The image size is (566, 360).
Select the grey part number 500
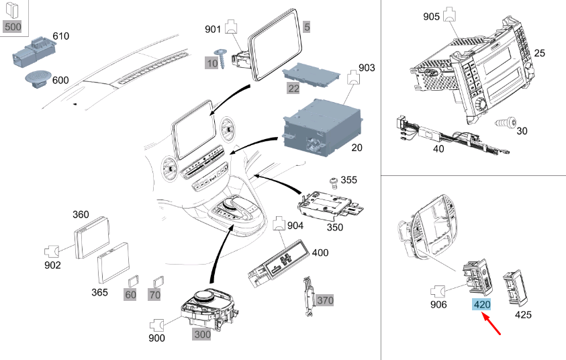[13, 27]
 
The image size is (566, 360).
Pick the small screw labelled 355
[332, 181]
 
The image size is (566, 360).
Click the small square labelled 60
[133, 282]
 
